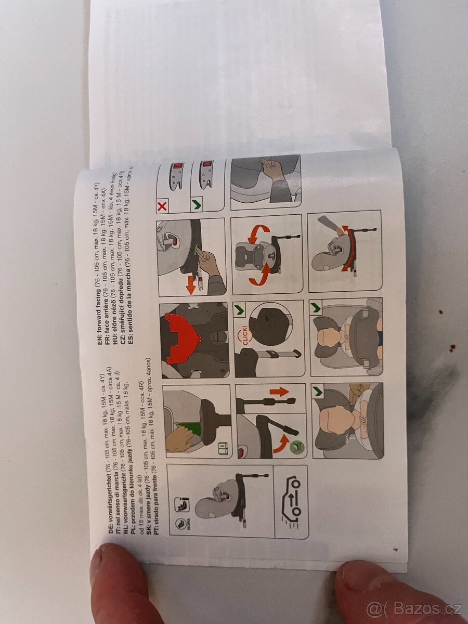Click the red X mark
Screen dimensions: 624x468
coord(162,207)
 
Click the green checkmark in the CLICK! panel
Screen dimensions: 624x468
coord(240,310)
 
